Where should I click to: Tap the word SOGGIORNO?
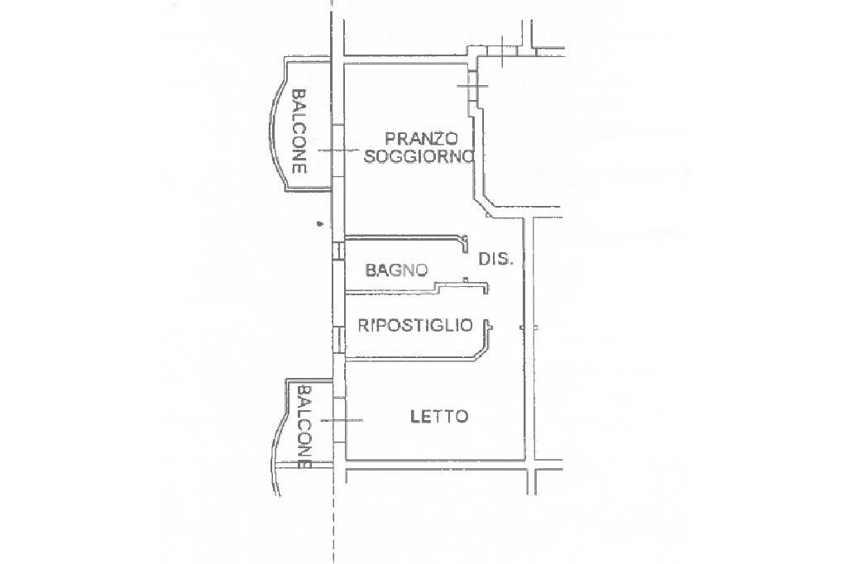point(419,155)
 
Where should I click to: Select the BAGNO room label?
point(397,270)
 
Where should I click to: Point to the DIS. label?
point(496,259)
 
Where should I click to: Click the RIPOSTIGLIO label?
point(415,325)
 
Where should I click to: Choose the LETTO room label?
point(439,416)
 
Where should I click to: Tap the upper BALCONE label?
point(299,131)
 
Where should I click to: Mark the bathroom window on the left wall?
point(337,251)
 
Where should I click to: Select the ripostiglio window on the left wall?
point(338,339)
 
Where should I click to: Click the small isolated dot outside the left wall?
point(318,222)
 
